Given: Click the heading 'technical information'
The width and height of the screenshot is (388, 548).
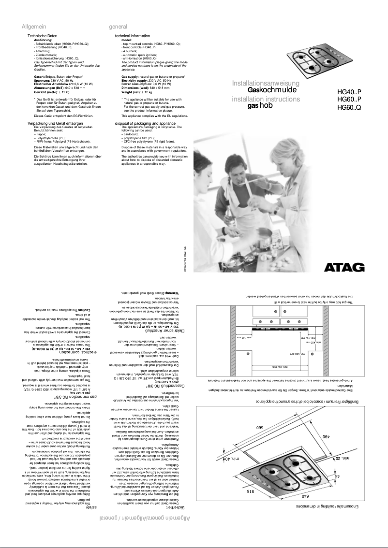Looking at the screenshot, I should click(x=132, y=36).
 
